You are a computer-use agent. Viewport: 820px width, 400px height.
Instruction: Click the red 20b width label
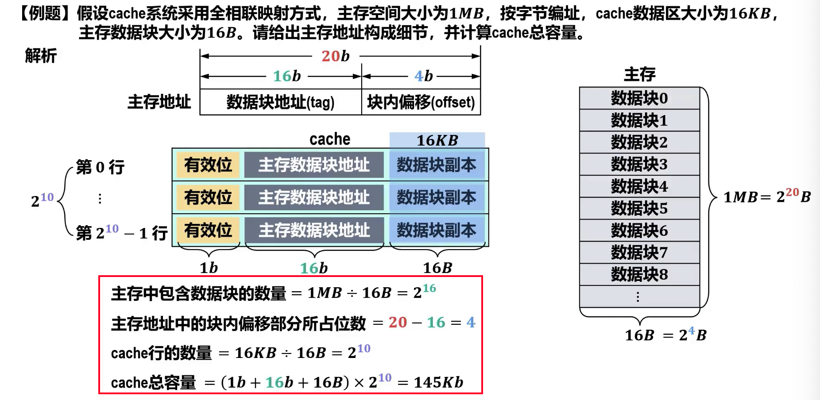coord(335,56)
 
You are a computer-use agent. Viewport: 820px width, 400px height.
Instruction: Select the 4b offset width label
coord(423,76)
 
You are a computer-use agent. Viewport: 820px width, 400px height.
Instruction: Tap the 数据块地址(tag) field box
coord(280,102)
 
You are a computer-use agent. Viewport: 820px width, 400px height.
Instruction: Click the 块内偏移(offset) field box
coord(421,102)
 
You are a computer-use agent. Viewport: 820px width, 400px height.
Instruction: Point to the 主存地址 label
coord(159,102)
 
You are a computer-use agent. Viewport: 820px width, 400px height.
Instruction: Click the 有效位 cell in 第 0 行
coord(208,165)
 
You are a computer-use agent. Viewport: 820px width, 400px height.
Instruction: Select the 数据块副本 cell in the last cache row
coord(437,231)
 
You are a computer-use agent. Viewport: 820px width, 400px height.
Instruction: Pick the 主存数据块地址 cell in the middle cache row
coord(314,197)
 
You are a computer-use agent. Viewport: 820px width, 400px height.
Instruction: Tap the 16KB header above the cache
coord(437,140)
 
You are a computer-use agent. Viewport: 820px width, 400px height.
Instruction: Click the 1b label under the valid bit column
coord(209,268)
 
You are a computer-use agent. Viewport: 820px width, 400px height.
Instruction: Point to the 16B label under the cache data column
coord(437,268)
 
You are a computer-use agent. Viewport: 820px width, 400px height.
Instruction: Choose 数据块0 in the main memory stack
coord(639,98)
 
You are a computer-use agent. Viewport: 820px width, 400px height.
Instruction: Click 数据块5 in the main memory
coord(639,208)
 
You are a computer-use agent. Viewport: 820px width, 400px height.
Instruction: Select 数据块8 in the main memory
coord(639,274)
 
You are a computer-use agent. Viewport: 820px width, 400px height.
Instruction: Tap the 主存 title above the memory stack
coord(639,74)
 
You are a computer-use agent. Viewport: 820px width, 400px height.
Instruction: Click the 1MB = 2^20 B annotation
coord(766,196)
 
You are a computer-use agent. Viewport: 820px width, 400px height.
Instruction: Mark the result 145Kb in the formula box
coord(438,382)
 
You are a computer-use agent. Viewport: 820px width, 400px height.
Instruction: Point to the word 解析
coord(41,56)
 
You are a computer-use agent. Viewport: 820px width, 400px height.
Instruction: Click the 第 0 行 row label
coord(100,167)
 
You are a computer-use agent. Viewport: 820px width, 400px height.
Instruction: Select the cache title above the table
coord(330,139)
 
